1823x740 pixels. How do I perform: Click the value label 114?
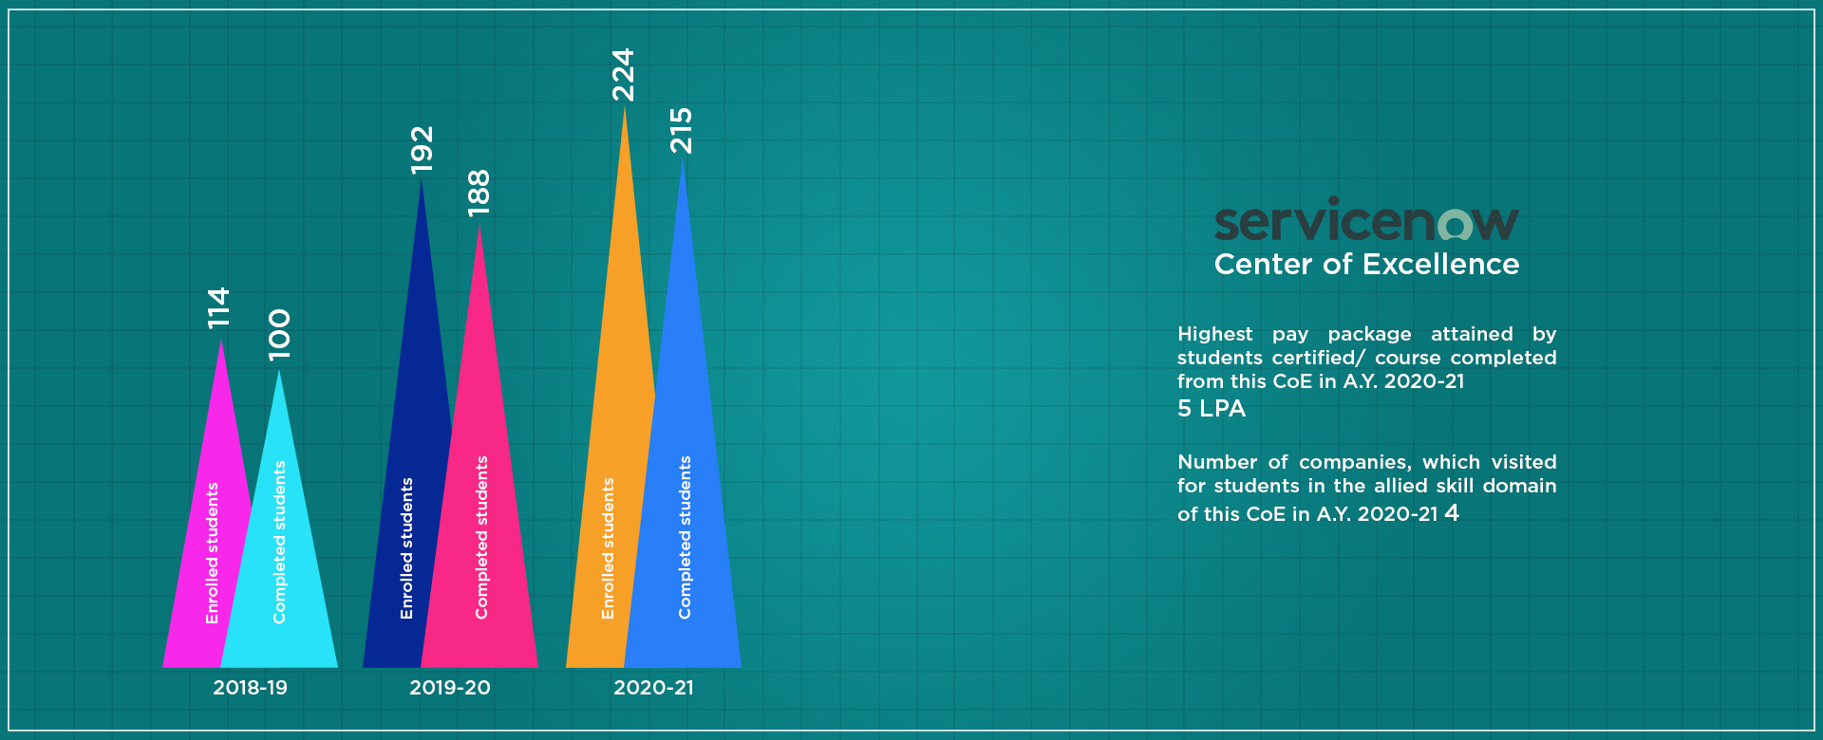click(x=219, y=308)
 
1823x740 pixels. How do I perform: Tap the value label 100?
click(x=279, y=334)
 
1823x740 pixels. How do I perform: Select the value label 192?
click(x=422, y=150)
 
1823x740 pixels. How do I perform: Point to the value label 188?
click(x=479, y=193)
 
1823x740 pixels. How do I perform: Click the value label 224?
click(x=623, y=75)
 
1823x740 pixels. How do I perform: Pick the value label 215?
click(x=682, y=131)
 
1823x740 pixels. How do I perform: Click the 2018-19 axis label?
click(x=250, y=688)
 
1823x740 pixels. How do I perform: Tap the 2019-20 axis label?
click(x=450, y=688)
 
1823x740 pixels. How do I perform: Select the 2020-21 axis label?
click(x=653, y=688)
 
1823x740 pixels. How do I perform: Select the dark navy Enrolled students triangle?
click(x=406, y=531)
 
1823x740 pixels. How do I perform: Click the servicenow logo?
click(x=1366, y=219)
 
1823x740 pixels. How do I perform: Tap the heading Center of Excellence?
click(x=1366, y=264)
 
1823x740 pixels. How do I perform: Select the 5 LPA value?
click(x=1212, y=409)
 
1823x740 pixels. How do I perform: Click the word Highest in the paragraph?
click(x=1215, y=335)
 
